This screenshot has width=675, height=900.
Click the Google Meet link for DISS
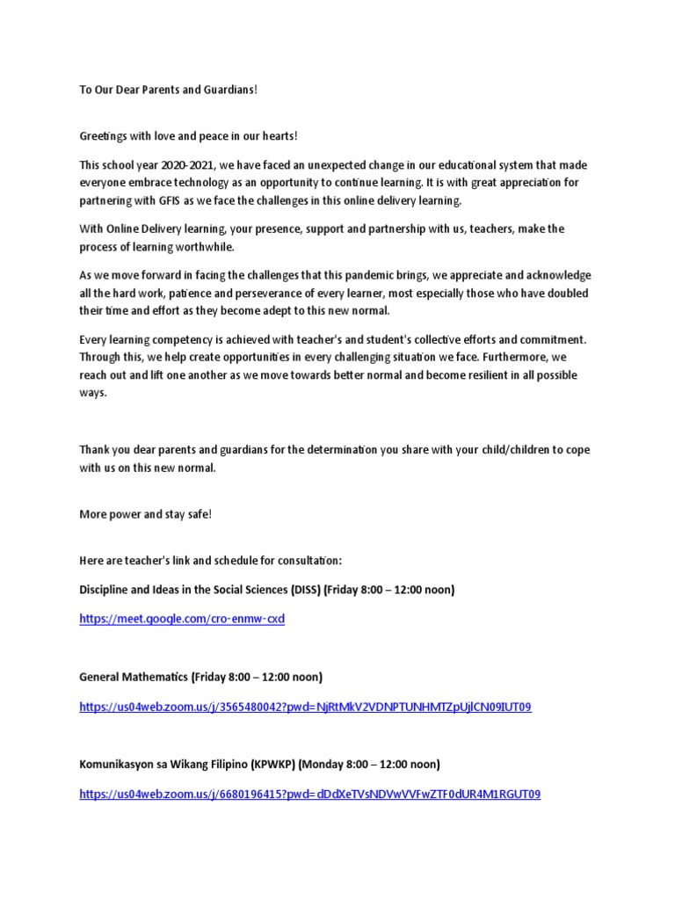(182, 619)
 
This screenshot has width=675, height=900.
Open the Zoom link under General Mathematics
(305, 707)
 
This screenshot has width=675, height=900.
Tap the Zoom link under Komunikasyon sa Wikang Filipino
(309, 795)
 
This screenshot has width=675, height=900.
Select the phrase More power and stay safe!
(145, 513)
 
